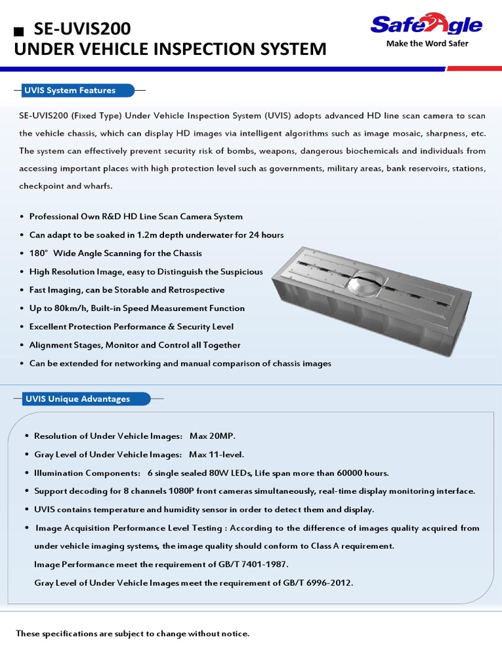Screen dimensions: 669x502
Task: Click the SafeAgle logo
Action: click(x=426, y=25)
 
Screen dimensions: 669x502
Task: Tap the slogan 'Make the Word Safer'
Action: click(x=427, y=44)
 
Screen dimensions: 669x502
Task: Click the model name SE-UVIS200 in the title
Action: click(x=82, y=29)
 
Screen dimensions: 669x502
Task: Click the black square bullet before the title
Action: click(x=19, y=31)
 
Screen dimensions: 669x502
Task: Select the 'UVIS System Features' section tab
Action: click(x=70, y=91)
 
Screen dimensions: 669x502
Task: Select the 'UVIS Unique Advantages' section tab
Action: click(x=77, y=399)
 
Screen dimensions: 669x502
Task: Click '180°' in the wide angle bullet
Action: click(x=38, y=253)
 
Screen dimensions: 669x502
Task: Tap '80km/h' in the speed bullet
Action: click(x=73, y=308)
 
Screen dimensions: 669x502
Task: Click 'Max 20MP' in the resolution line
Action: click(x=212, y=436)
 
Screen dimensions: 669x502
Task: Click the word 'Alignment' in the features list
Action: click(x=50, y=345)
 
